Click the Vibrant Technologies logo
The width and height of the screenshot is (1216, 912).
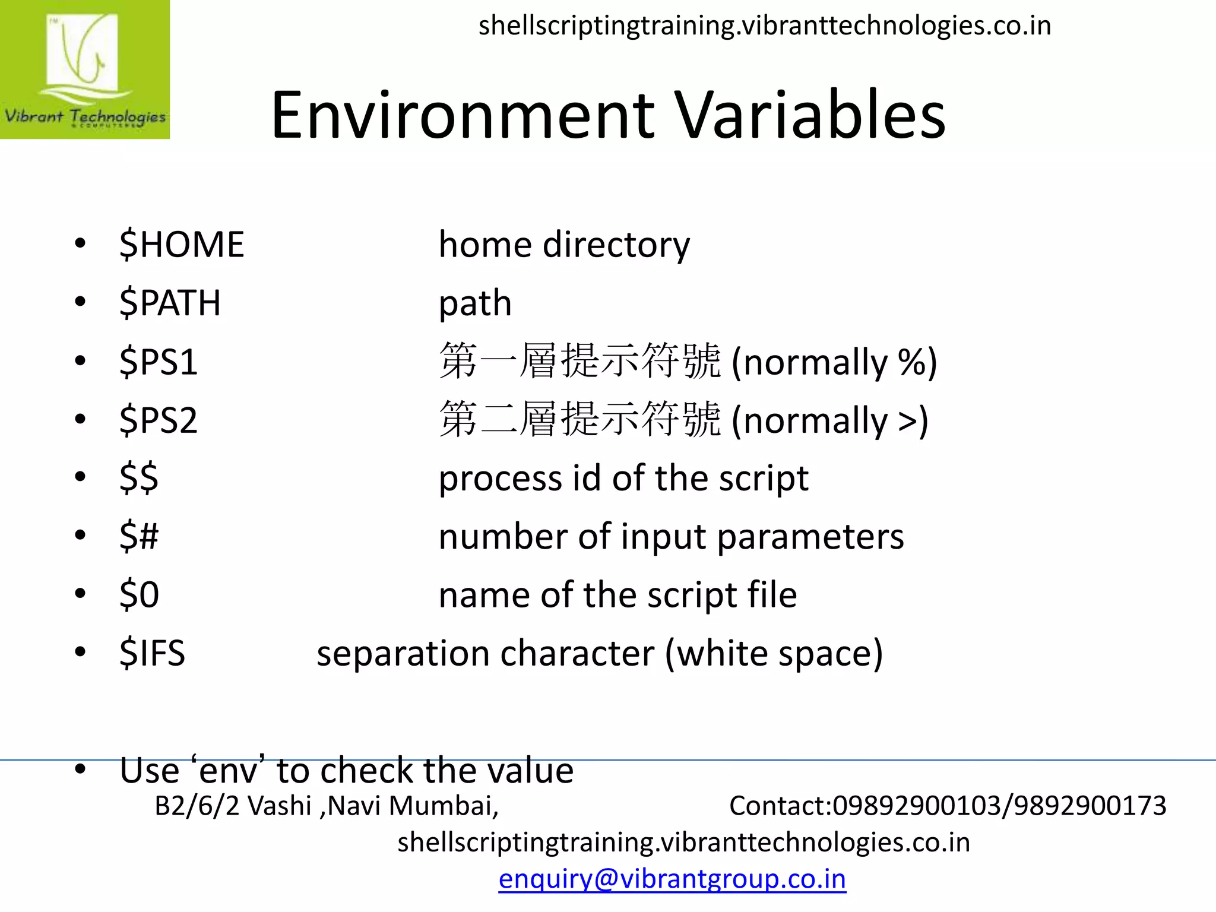[85, 69]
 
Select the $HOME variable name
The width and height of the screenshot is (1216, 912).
[182, 245]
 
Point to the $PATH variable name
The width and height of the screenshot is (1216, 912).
[170, 303]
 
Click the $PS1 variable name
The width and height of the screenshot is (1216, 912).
[159, 362]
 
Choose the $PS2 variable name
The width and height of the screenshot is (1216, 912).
[159, 420]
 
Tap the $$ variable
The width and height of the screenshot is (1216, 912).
[139, 477]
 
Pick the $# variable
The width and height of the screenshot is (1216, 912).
[139, 536]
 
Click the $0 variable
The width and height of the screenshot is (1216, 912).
[139, 594]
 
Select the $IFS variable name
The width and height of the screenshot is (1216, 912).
[153, 653]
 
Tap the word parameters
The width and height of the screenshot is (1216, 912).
[810, 537]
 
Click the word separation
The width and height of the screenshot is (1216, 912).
[403, 653]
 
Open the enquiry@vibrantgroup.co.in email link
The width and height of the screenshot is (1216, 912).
[672, 879]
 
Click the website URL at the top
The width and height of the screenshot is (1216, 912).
[765, 26]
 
